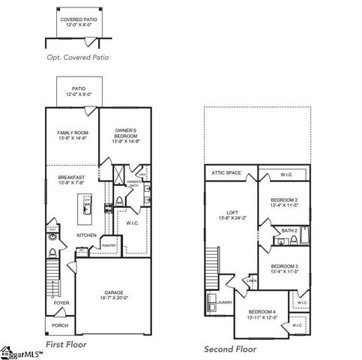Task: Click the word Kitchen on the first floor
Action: tap(87, 235)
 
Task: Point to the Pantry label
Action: tap(109, 245)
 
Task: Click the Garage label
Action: tap(114, 294)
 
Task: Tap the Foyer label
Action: tap(61, 304)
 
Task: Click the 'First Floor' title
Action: tap(66, 344)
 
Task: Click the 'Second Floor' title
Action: tap(229, 349)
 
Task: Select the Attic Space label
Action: tap(226, 173)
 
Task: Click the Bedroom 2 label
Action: tap(285, 202)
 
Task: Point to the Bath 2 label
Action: tap(289, 230)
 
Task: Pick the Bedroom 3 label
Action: tap(285, 268)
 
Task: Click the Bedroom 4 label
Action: tap(262, 314)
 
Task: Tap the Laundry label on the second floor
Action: tap(225, 302)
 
